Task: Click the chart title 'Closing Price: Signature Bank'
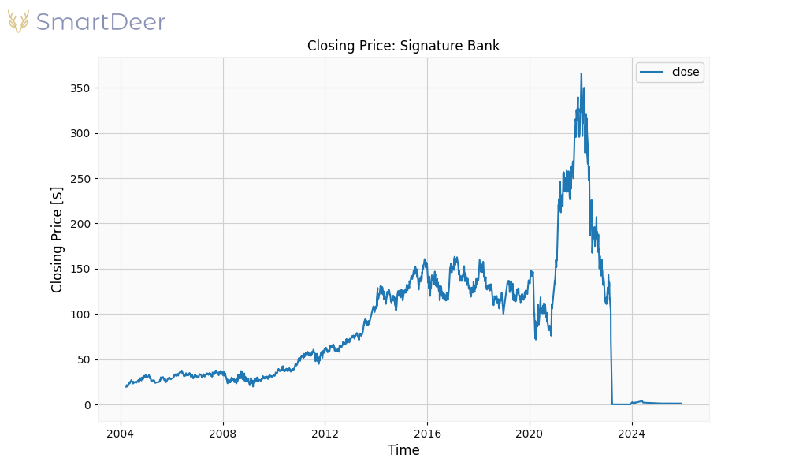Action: [x=403, y=46]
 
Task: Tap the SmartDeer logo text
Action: [x=101, y=22]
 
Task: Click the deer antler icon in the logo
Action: [x=19, y=21]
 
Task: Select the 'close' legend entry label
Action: [x=685, y=72]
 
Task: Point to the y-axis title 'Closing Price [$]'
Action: [x=57, y=240]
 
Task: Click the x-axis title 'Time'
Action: [x=403, y=450]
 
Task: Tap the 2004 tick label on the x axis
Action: [x=121, y=433]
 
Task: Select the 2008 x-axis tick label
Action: [x=223, y=433]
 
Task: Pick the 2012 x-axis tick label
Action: [x=325, y=433]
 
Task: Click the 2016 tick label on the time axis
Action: [x=427, y=433]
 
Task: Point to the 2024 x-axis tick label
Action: [x=631, y=433]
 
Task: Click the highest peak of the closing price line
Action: [x=582, y=74]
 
